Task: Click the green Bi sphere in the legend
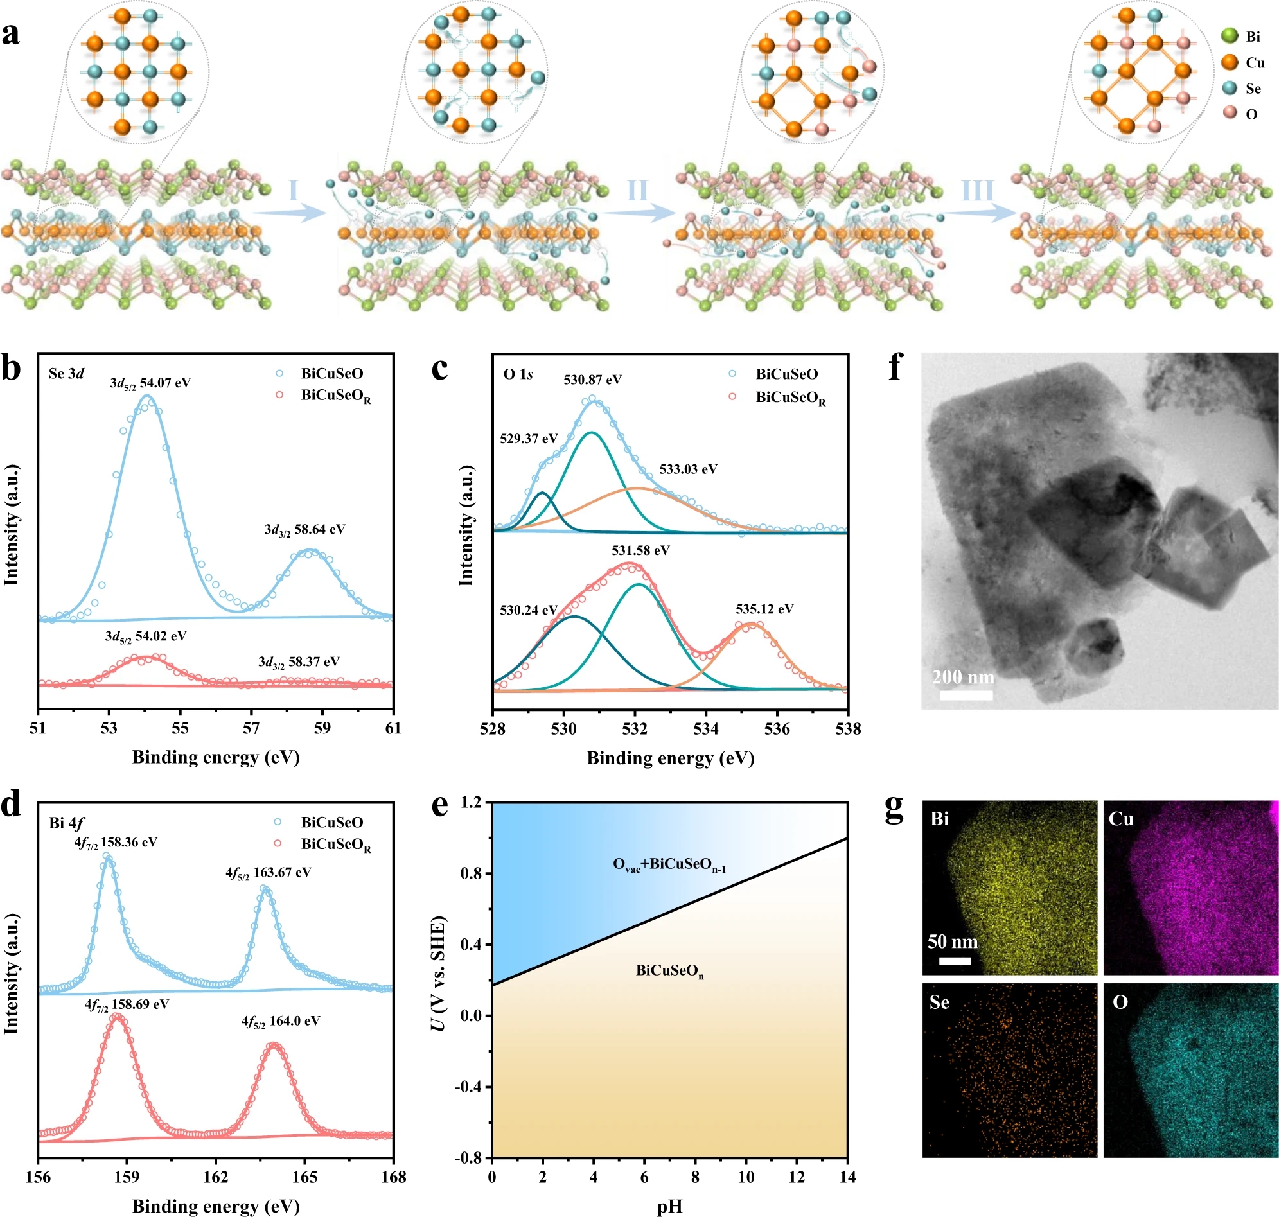click(x=1229, y=36)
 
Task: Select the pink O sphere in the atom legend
click(x=1229, y=113)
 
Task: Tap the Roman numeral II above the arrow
click(x=637, y=191)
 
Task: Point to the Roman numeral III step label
click(x=976, y=191)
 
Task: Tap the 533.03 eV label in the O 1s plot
click(x=688, y=469)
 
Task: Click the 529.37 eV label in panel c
click(x=528, y=439)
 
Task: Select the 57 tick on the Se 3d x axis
click(x=251, y=728)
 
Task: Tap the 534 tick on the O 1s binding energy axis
click(x=705, y=729)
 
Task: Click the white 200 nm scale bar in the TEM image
click(x=966, y=696)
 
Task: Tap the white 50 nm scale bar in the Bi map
click(x=954, y=960)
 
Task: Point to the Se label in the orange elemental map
click(x=939, y=1003)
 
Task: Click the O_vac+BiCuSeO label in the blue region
click(x=669, y=865)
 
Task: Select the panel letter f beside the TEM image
click(x=895, y=369)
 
